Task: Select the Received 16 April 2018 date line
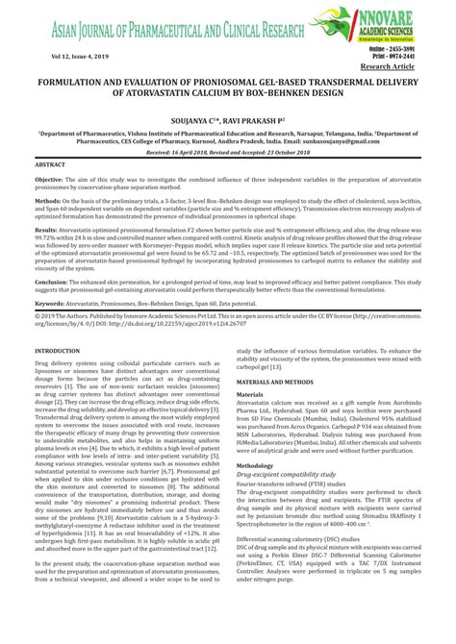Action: [x=228, y=152]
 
